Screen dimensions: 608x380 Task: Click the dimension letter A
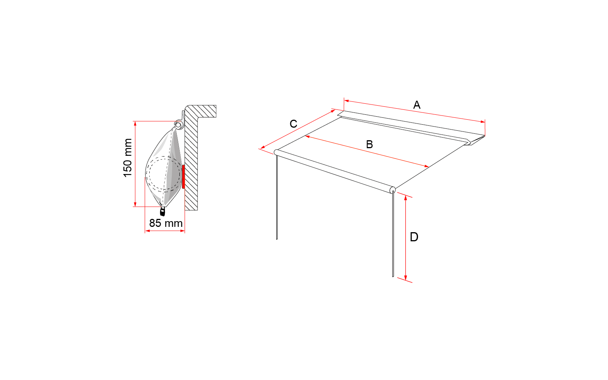tap(416, 105)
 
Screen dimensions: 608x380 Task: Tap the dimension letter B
tap(369, 144)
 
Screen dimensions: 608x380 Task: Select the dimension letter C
tap(293, 124)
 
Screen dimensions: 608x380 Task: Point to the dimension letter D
tap(414, 237)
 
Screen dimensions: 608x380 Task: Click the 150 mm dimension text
tap(128, 158)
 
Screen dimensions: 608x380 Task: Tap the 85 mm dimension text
tap(166, 223)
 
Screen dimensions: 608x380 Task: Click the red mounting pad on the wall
tap(184, 176)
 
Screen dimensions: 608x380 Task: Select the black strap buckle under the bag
tap(163, 211)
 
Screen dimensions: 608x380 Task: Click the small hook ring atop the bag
tap(178, 125)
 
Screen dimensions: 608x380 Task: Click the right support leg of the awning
tap(393, 233)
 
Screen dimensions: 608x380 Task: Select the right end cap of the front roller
tap(393, 190)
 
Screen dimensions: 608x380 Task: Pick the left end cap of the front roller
tap(276, 152)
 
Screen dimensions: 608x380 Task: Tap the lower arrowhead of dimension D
tap(405, 278)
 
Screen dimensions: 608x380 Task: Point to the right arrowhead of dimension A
tap(483, 122)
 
